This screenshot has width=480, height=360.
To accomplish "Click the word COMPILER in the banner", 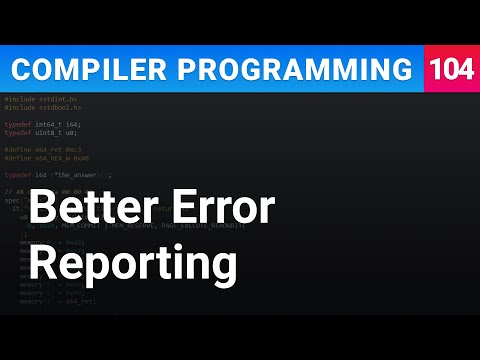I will coord(79,69).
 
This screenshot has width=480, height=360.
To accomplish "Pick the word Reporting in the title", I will coord(132,265).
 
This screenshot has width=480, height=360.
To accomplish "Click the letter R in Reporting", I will coord(42,265).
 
